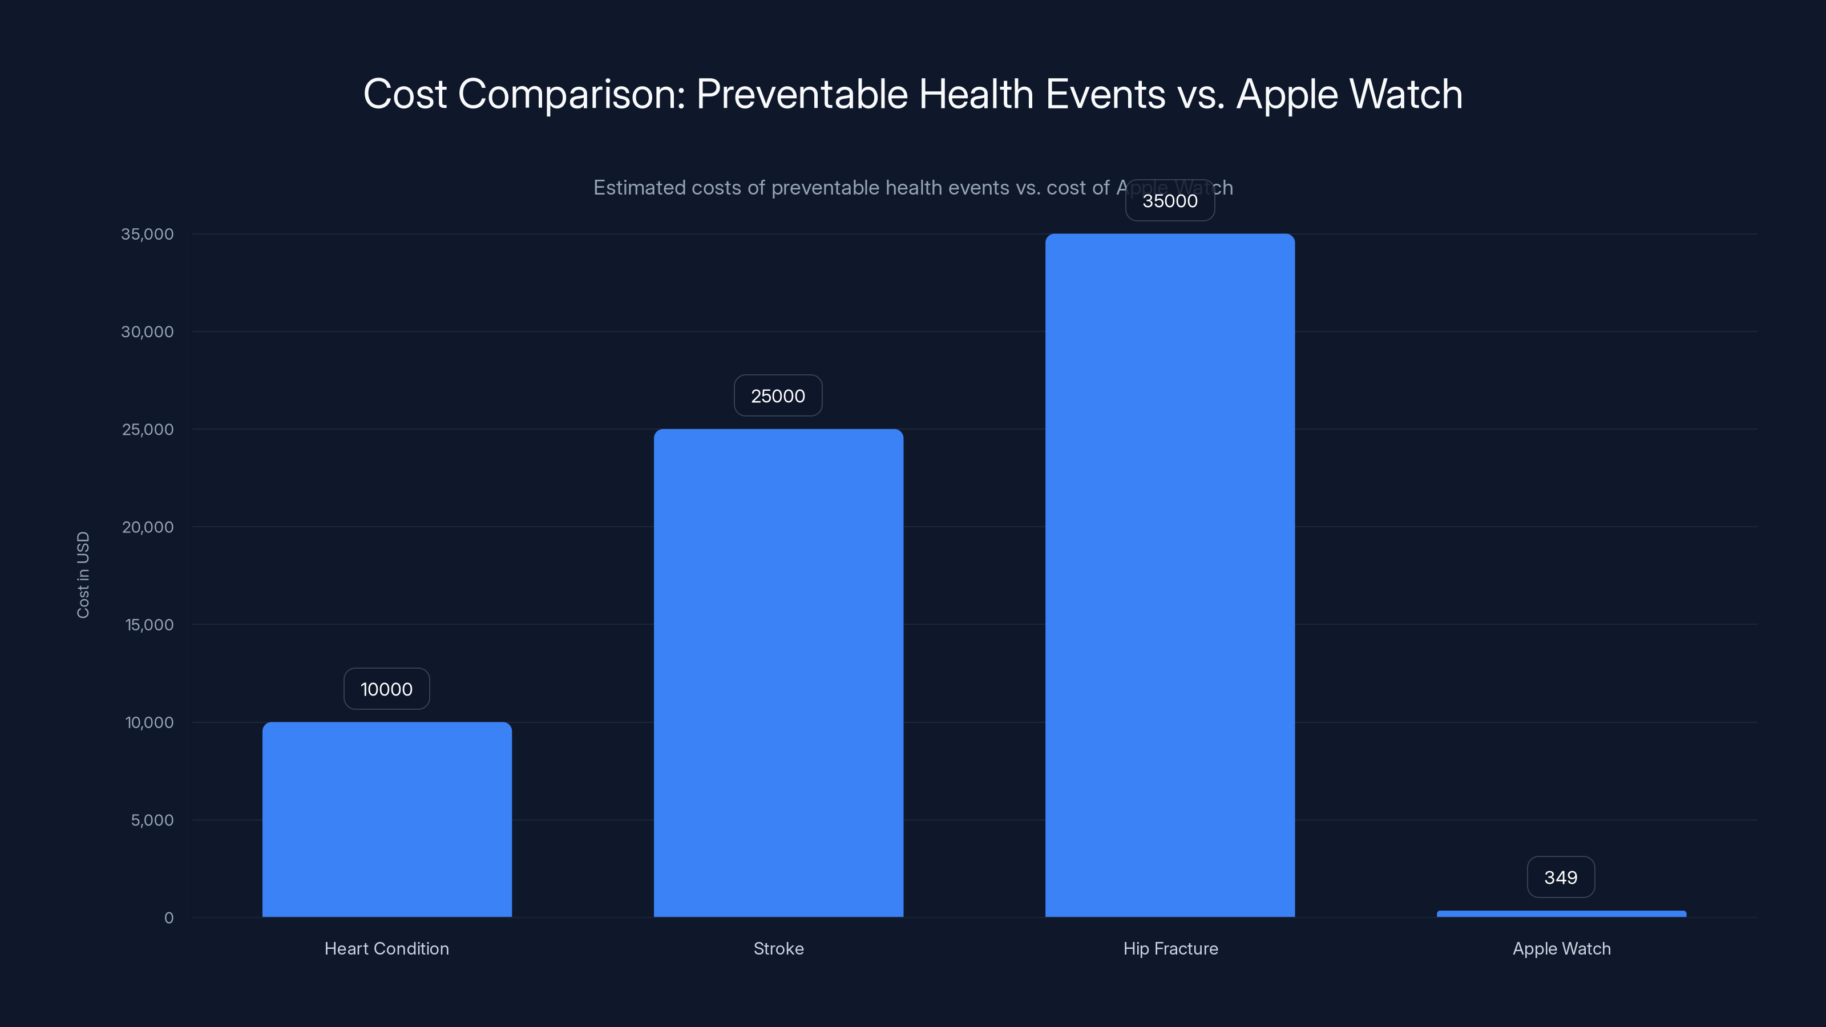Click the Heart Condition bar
pos(387,819)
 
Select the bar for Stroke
pos(778,673)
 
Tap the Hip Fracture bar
pos(1170,575)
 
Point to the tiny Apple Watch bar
pos(1561,913)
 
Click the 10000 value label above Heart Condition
pos(386,689)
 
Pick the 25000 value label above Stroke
pos(778,395)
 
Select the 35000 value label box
pos(1170,201)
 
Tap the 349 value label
pos(1560,878)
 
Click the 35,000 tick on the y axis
pos(147,234)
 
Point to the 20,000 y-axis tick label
pos(147,527)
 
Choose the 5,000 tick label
pos(152,820)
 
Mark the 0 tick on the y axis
pos(169,918)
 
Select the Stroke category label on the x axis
pos(778,948)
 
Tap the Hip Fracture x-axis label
pos(1170,948)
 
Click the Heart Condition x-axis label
pos(386,948)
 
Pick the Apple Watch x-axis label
pos(1561,948)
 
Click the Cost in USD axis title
pos(83,575)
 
